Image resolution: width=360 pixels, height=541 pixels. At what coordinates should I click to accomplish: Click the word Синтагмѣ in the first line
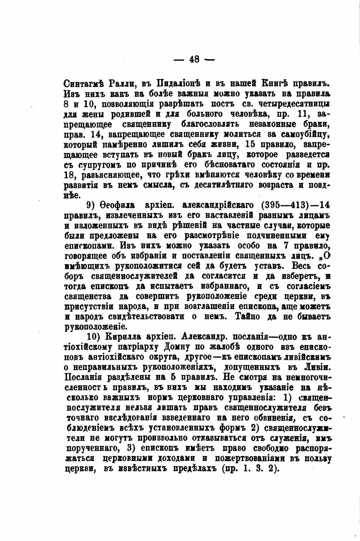pyautogui.click(x=83, y=84)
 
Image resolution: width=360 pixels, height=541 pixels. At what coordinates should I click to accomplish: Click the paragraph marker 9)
pyautogui.click(x=91, y=205)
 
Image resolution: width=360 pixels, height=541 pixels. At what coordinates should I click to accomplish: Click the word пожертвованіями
pyautogui.click(x=259, y=458)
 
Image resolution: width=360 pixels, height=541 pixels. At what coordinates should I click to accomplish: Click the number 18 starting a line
pyautogui.click(x=69, y=175)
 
